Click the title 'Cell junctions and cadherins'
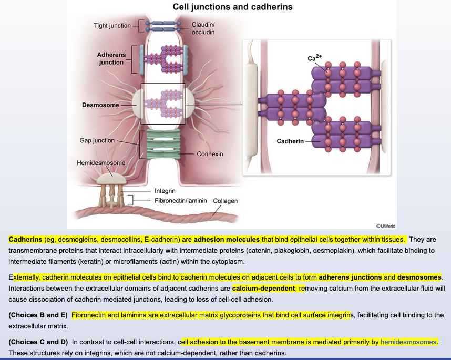(x=232, y=7)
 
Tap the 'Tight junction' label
(x=112, y=26)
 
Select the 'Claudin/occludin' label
(x=203, y=28)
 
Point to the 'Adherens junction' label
(x=111, y=58)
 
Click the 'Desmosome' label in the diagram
(x=100, y=105)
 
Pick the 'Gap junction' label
(x=97, y=141)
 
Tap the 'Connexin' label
(x=210, y=154)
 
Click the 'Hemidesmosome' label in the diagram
(x=101, y=163)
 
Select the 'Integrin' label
(x=165, y=191)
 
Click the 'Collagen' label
(x=225, y=201)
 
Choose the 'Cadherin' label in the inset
(x=290, y=141)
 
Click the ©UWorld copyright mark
(x=386, y=226)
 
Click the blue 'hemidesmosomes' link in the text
(x=408, y=342)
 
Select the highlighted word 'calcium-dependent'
(x=263, y=289)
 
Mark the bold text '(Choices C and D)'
(x=38, y=342)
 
